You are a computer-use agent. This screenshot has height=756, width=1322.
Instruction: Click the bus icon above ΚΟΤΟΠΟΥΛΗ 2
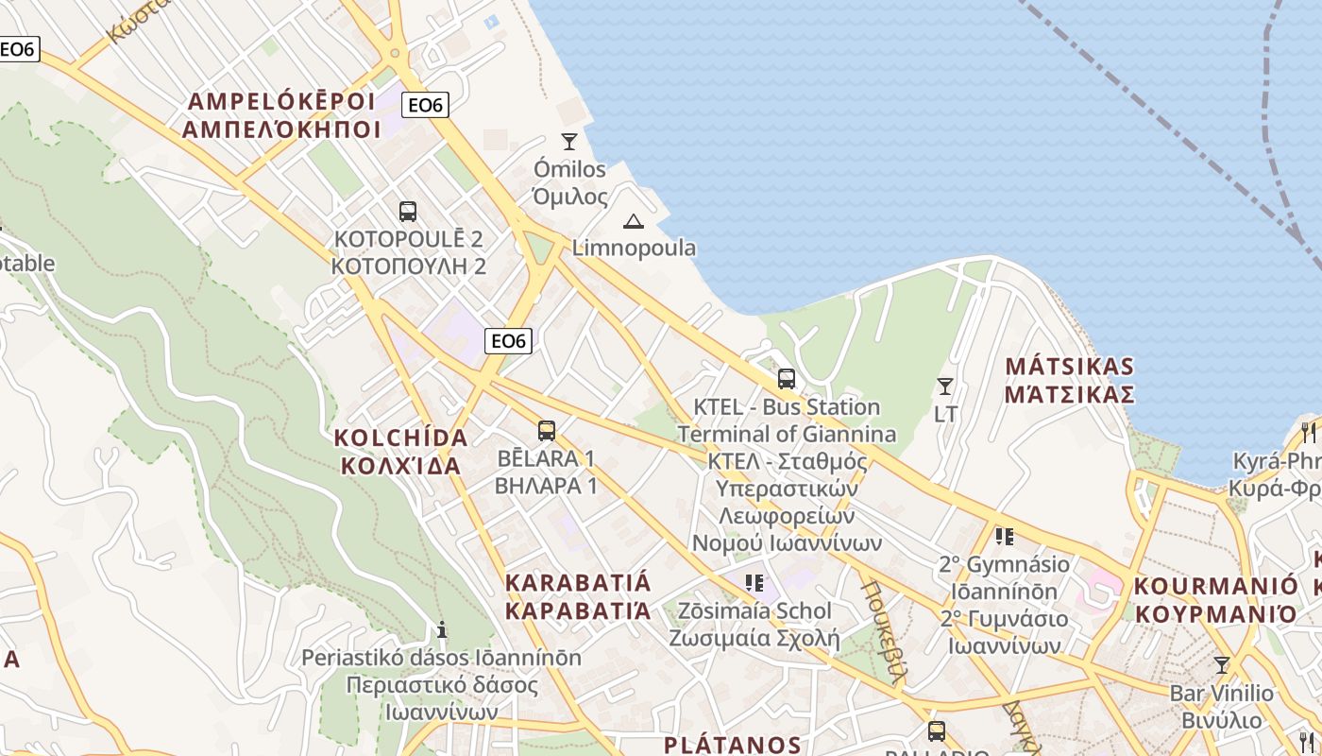[408, 212]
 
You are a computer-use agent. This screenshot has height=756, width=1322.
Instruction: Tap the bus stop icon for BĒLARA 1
[546, 431]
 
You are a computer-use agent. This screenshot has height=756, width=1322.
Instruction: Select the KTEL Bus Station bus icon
[787, 379]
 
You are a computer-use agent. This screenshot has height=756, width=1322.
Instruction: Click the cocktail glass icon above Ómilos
[568, 142]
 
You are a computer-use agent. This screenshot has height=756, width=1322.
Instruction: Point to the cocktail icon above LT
[944, 386]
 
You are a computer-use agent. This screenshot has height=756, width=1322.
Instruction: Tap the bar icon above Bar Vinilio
[1221, 664]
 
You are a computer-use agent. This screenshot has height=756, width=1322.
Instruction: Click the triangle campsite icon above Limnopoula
[634, 221]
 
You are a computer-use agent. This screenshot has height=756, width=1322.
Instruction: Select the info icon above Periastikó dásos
[441, 629]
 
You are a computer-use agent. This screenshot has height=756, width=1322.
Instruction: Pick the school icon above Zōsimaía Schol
[754, 583]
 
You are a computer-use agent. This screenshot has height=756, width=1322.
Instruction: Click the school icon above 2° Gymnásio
[1004, 537]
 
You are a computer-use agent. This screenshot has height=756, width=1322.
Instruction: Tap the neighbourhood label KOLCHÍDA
[401, 438]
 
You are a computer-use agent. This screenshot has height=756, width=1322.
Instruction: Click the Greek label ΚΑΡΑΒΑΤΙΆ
[578, 610]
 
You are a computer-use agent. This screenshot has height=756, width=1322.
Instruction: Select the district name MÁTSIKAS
[1069, 367]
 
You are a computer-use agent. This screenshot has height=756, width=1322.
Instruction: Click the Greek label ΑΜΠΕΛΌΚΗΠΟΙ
[281, 129]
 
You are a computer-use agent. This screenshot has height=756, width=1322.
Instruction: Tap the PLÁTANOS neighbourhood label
[733, 745]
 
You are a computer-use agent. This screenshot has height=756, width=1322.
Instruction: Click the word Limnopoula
[635, 248]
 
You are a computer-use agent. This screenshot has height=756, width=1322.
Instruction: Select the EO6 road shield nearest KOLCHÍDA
[508, 340]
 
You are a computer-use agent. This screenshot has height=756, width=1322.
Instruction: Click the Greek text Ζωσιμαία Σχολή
[754, 637]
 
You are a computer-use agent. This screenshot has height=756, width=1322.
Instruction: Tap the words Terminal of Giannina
[787, 434]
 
